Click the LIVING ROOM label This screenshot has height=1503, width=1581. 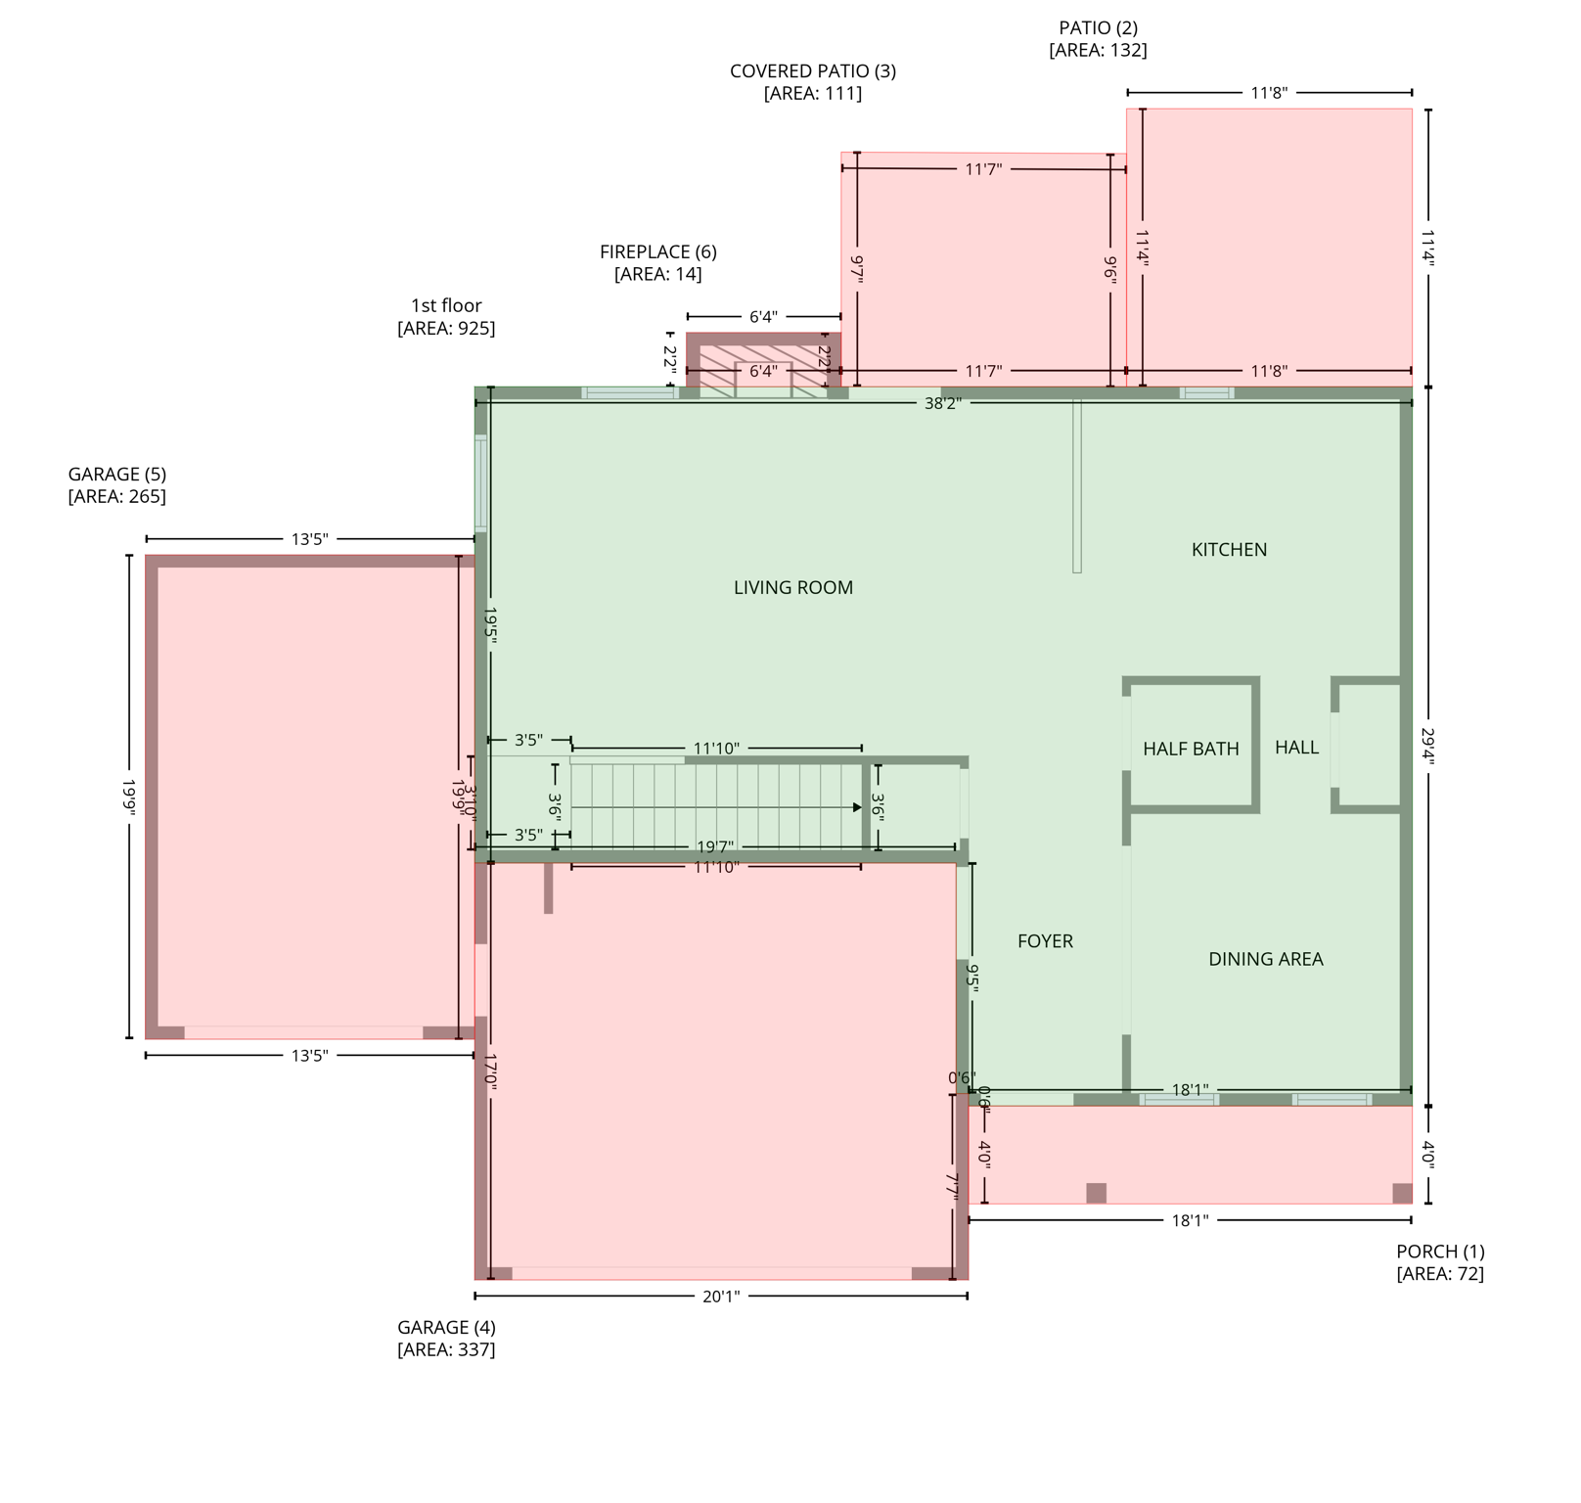[793, 587]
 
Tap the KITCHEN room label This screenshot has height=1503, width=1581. [1229, 550]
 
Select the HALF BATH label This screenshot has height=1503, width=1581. [1191, 749]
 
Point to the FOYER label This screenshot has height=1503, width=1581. [1045, 941]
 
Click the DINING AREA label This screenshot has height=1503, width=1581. [1265, 959]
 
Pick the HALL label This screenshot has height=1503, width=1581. [1296, 748]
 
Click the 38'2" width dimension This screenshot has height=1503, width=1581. [942, 402]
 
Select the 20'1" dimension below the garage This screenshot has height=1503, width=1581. [721, 1297]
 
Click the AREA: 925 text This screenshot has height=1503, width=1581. [446, 328]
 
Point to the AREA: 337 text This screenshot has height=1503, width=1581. [446, 1349]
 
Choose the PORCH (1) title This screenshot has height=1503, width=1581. [1440, 1252]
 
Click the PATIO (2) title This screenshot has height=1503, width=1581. [1098, 27]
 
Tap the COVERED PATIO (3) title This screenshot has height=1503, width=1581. [812, 70]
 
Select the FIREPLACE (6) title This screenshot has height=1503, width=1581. [657, 251]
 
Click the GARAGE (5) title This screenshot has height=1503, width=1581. [116, 475]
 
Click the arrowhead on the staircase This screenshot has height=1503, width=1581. [857, 807]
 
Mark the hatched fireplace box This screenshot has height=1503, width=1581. [763, 364]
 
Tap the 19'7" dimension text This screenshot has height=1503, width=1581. [714, 846]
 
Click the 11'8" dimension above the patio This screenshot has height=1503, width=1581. [1269, 93]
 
